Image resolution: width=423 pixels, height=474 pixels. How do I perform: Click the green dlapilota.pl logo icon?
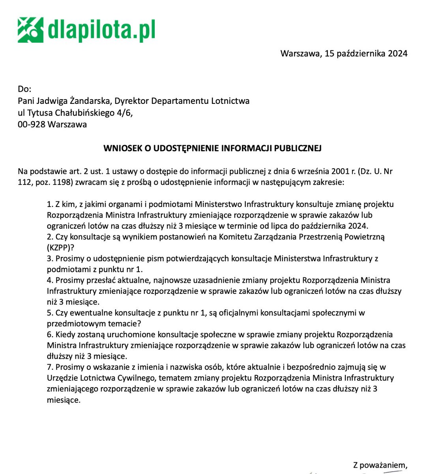30,30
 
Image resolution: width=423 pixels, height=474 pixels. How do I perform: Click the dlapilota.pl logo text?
101,30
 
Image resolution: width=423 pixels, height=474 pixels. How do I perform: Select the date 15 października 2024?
366,53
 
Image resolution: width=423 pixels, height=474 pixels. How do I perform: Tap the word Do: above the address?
24,89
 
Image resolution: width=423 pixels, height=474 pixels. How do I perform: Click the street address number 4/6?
124,113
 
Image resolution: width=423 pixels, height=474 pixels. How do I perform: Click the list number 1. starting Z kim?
50,204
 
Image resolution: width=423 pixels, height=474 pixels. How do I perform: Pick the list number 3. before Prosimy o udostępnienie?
50,259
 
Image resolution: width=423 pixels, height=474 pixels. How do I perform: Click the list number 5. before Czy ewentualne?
50,313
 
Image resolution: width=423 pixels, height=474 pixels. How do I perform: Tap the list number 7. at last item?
50,367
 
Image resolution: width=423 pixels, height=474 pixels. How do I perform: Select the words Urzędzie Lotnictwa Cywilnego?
100,378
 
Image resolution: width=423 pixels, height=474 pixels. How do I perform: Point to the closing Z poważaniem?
380,465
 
